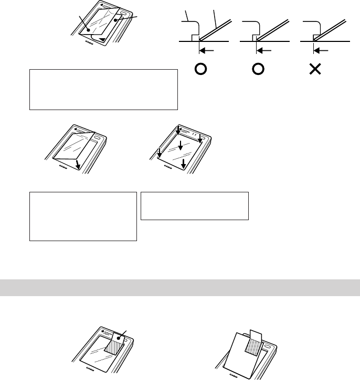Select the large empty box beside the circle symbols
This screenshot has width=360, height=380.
pos(103,89)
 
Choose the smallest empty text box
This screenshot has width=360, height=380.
pos(194,205)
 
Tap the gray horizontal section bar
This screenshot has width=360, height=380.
pos(180,288)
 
